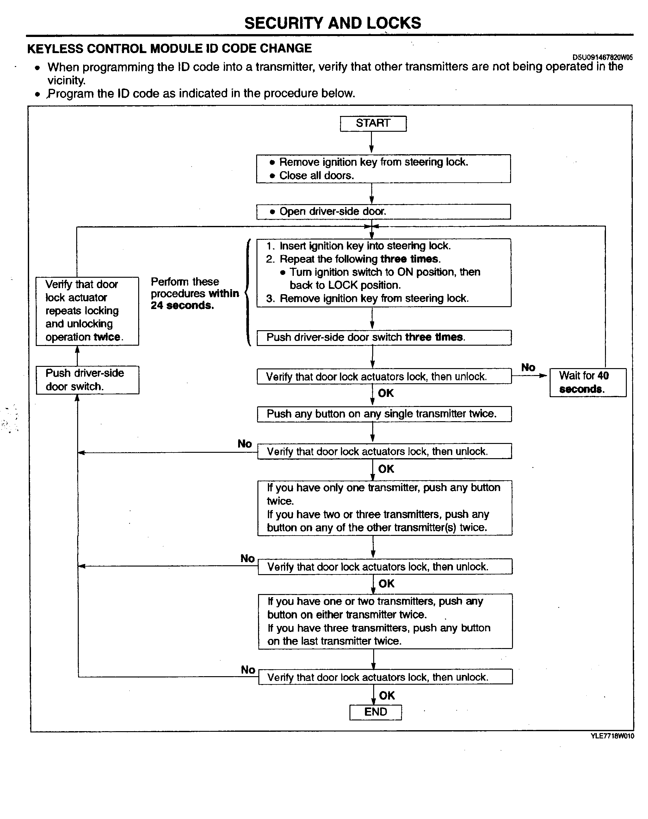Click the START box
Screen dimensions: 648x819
pos(373,124)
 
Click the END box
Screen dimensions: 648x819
pos(375,712)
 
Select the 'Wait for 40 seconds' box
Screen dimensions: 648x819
pos(588,382)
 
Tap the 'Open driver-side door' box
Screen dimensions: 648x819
pos(383,211)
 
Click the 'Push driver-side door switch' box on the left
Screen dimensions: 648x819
pos(87,380)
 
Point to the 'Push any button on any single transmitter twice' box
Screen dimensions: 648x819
pos(384,414)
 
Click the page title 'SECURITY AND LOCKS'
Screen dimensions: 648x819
pos(333,23)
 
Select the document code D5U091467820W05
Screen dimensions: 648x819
pos(602,57)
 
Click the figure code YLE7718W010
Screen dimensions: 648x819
pos(612,736)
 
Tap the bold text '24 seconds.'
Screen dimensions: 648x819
pos(182,306)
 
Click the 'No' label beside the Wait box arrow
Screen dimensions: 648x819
pos(528,367)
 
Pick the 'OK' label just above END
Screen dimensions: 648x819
pos(387,695)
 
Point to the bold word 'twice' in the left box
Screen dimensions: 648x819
pos(107,337)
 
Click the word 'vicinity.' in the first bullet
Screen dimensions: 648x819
pos(66,80)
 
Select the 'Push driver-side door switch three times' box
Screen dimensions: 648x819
pos(384,338)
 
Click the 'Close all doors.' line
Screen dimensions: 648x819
pos(317,175)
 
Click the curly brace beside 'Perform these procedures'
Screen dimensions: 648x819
pos(247,292)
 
